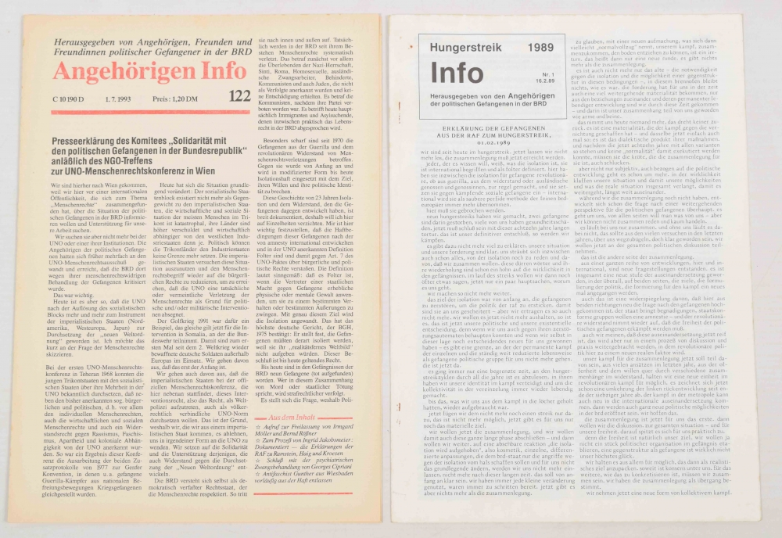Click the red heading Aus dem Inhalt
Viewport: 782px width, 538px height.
pos(294,420)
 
